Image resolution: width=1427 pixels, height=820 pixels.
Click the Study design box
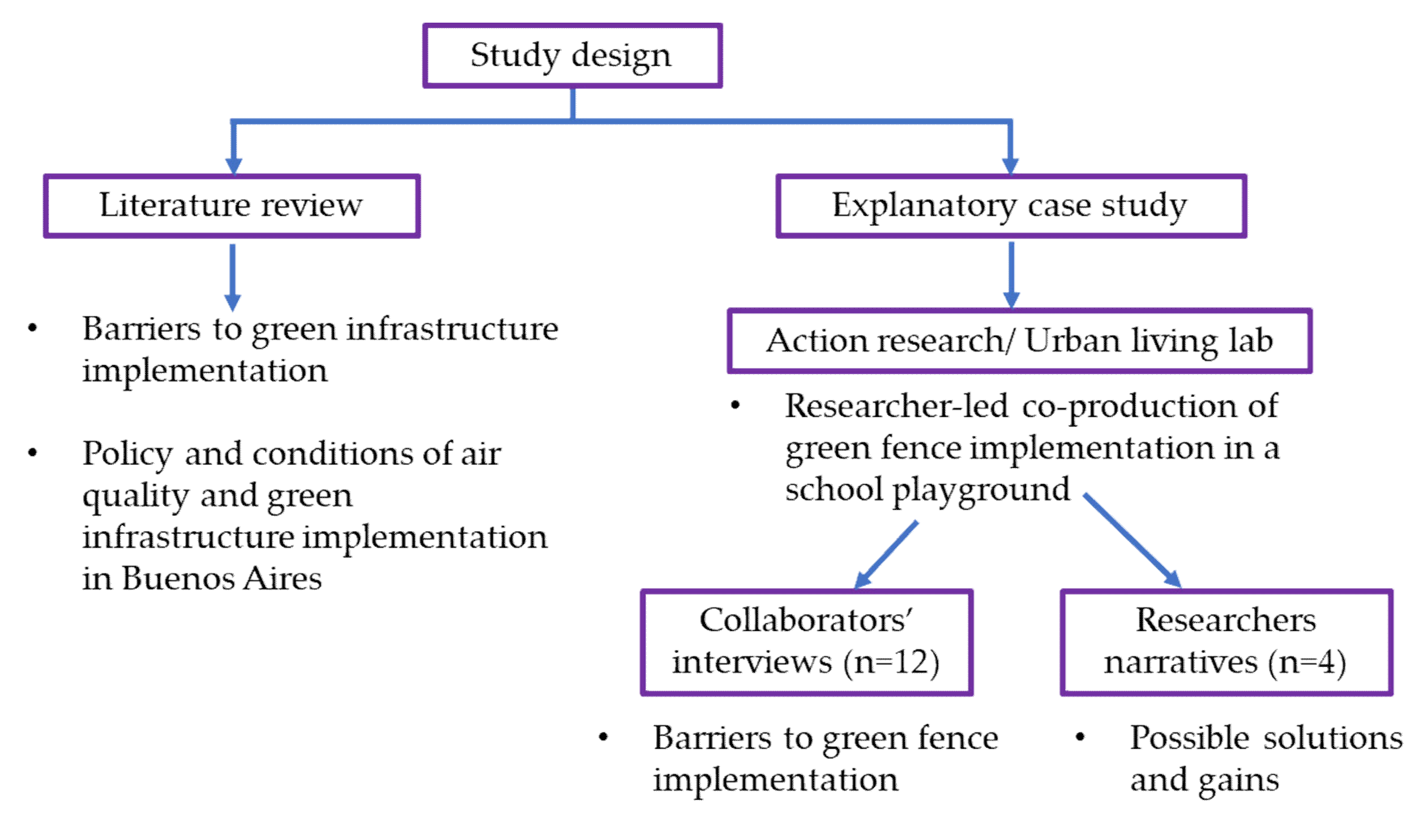tap(572, 55)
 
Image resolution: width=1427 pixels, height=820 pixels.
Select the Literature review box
tap(232, 206)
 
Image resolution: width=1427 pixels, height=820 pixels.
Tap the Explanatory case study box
tap(1010, 206)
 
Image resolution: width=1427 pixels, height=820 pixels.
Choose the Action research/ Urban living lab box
tap(1019, 341)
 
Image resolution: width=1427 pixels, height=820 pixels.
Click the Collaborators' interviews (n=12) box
tap(806, 642)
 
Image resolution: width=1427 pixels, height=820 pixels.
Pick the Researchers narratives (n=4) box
tap(1226, 642)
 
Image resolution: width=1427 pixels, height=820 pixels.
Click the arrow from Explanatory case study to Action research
tap(1011, 275)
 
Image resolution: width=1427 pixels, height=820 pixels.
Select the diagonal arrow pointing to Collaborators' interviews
tap(886, 554)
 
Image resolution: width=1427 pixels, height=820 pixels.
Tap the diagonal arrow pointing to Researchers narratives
tap(1133, 541)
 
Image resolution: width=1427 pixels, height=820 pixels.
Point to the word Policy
tap(127, 454)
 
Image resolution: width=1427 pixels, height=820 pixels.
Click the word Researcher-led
tap(896, 406)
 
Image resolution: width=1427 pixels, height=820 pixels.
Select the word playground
tap(981, 490)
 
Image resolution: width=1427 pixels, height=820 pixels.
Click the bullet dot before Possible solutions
tap(1080, 737)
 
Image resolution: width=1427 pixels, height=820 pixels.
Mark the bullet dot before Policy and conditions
tap(33, 452)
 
